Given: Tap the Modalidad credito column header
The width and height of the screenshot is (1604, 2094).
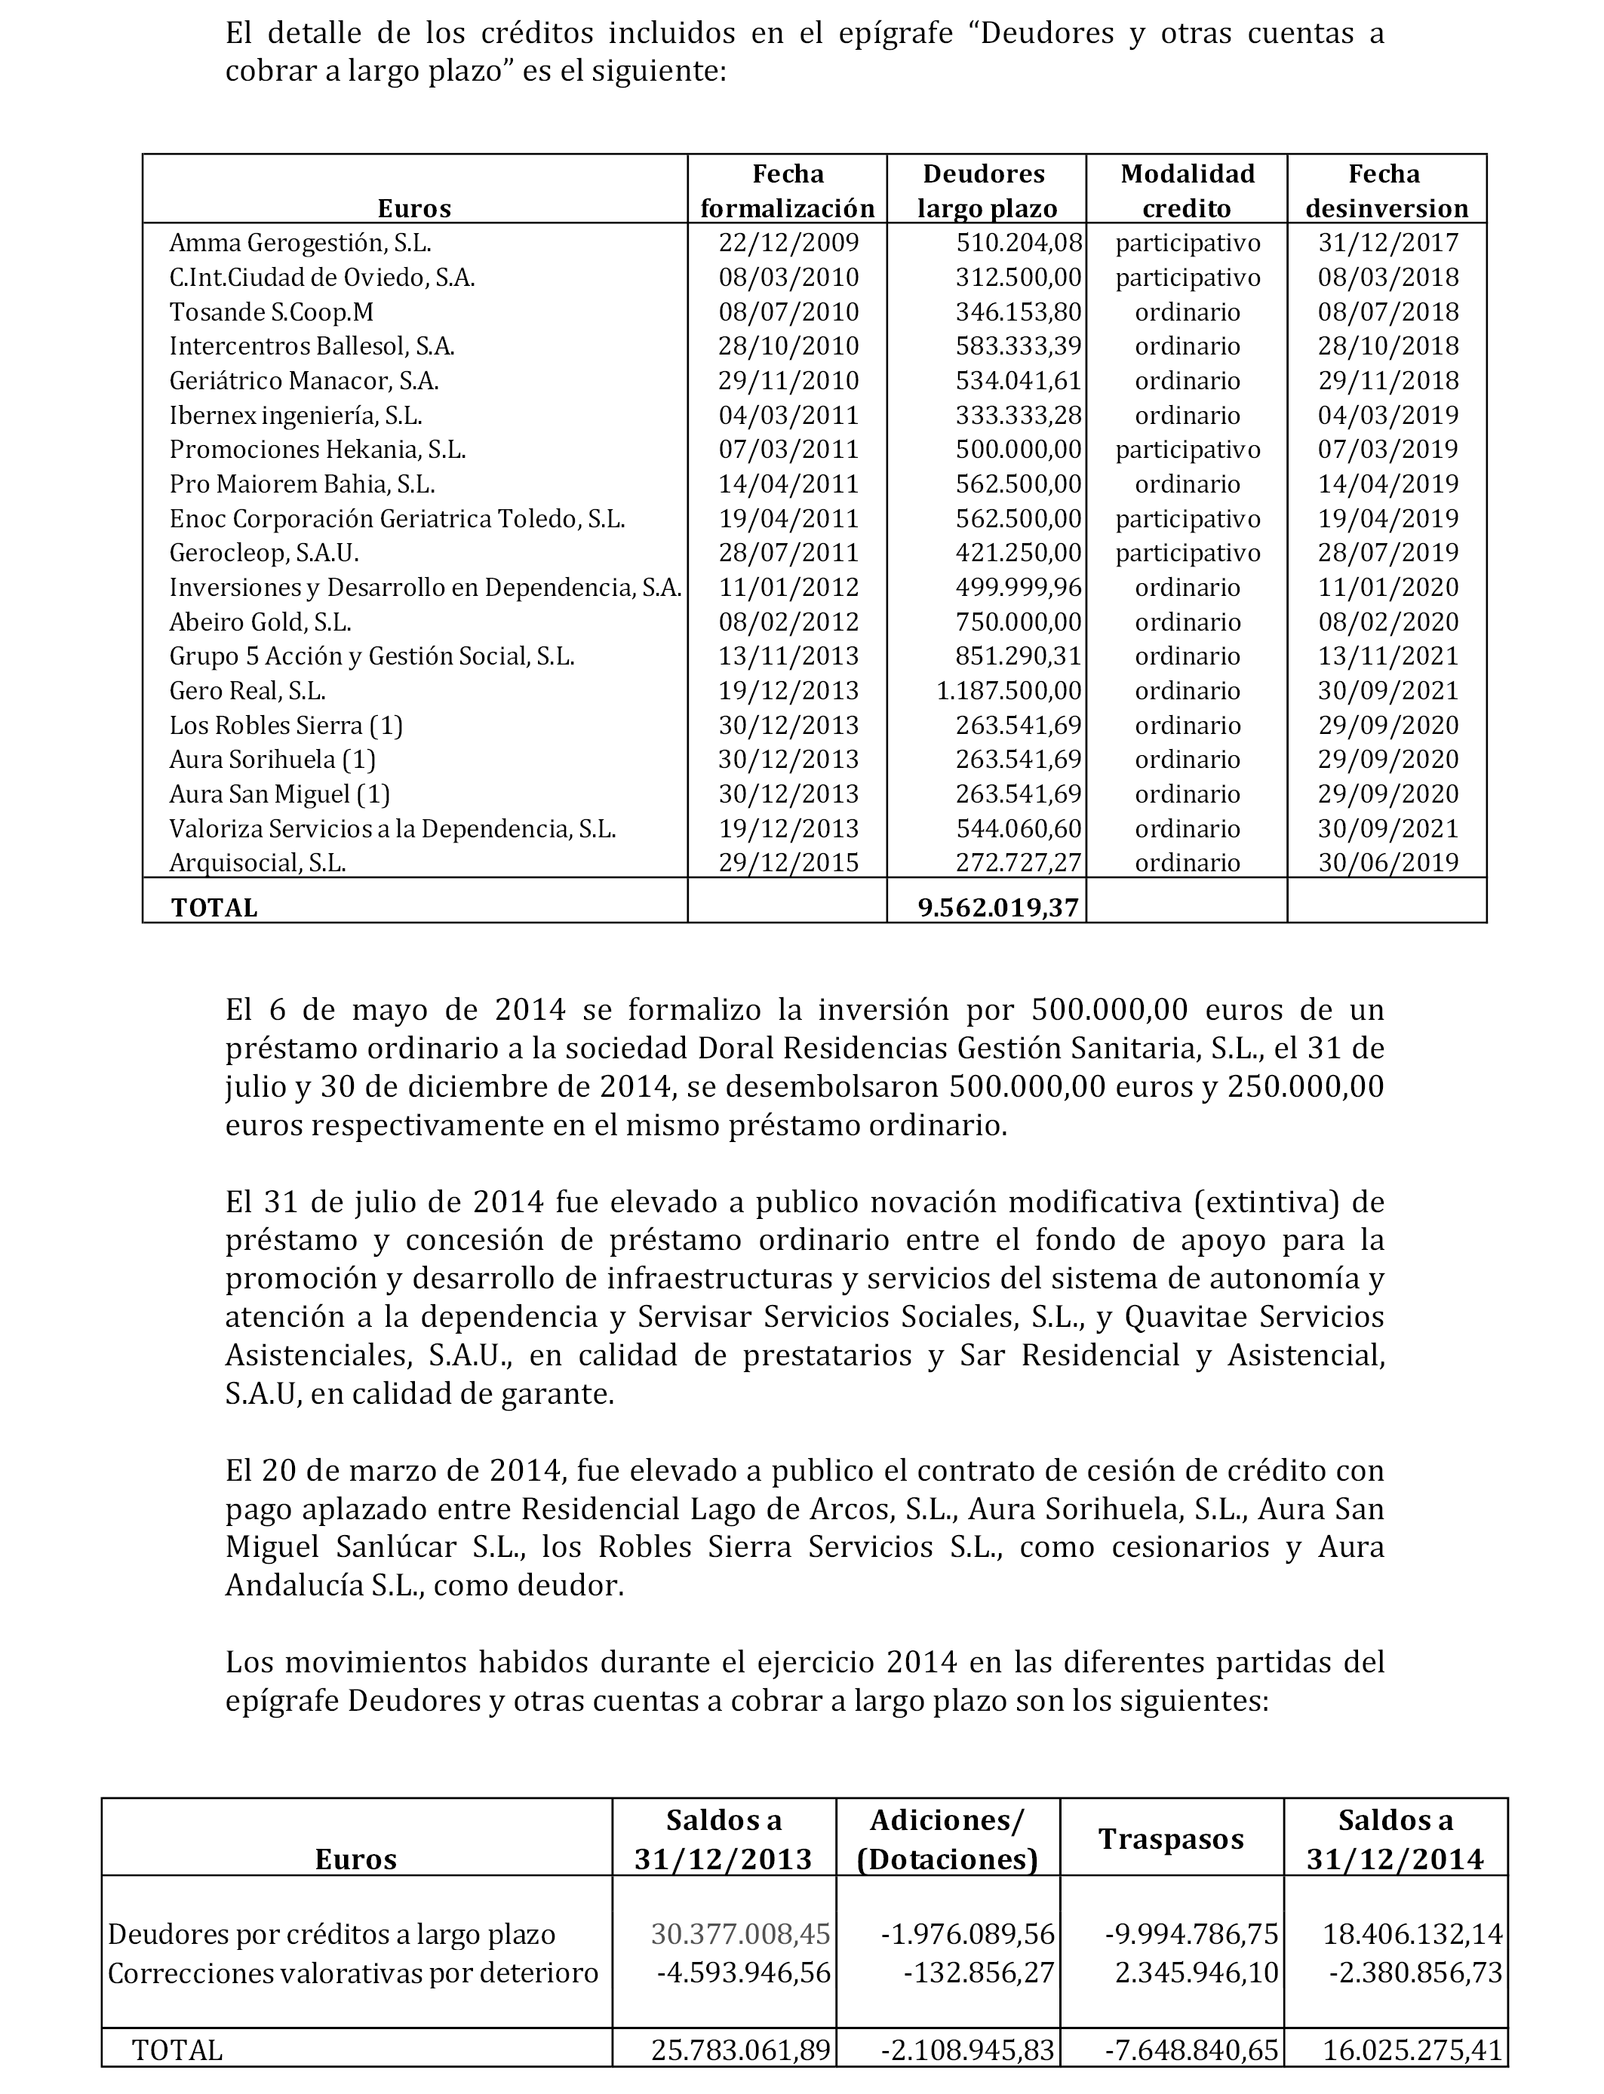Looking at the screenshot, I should click(x=1187, y=191).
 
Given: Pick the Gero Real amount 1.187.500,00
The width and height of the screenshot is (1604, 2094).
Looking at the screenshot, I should click(x=1009, y=691).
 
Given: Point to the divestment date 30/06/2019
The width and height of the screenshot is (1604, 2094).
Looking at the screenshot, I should click(x=1388, y=863).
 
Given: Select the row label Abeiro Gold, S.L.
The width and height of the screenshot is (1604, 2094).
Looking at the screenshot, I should click(x=260, y=622).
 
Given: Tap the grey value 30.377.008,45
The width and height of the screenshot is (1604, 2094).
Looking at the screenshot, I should click(x=740, y=1935).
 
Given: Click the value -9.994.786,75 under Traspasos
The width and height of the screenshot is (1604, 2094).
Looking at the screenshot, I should click(x=1191, y=1935).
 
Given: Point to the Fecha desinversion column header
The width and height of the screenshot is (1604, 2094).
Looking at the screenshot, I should click(x=1386, y=191).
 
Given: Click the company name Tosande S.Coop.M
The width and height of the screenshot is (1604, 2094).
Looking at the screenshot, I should click(x=271, y=312).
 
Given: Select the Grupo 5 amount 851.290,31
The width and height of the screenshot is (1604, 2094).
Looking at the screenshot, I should click(x=1019, y=657).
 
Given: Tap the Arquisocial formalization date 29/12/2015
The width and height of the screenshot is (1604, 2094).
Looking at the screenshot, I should click(x=788, y=863).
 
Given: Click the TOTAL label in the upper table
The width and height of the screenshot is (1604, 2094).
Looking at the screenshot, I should click(x=215, y=907).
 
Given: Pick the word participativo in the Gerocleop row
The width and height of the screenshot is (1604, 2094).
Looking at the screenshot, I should click(x=1188, y=554).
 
